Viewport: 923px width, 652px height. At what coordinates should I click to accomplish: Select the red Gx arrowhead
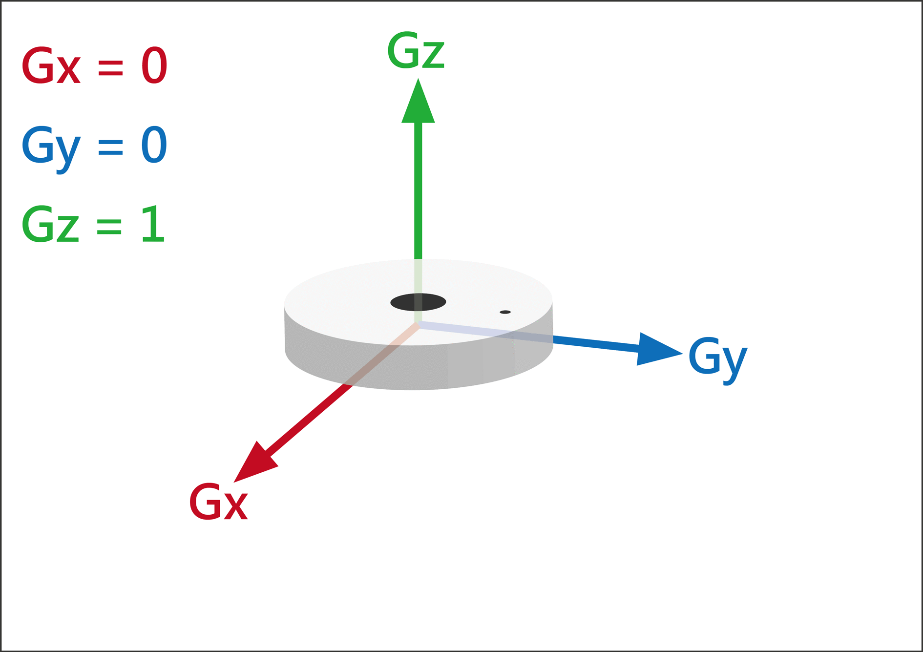(254, 464)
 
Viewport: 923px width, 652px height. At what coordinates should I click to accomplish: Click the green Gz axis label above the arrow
(416, 50)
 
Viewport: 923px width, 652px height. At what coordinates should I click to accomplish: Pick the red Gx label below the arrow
(218, 502)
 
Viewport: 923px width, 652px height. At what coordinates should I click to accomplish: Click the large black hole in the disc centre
(418, 302)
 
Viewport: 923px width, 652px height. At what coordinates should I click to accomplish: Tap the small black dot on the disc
(505, 312)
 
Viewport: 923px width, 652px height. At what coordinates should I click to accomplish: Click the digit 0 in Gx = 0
(154, 66)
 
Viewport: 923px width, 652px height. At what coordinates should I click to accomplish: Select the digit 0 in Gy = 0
(154, 145)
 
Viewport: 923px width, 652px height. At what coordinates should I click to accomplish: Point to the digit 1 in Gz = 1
(153, 225)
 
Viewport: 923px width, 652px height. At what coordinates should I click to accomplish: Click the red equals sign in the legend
(110, 67)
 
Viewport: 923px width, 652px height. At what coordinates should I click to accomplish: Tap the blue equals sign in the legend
(110, 147)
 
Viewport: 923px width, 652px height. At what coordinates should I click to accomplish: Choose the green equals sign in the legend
(109, 226)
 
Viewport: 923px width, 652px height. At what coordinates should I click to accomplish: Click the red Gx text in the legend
(51, 66)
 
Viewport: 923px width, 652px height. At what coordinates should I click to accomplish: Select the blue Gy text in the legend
(51, 147)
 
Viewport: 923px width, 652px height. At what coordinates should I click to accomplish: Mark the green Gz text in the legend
(50, 225)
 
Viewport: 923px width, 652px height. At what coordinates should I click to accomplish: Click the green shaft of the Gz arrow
(418, 190)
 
